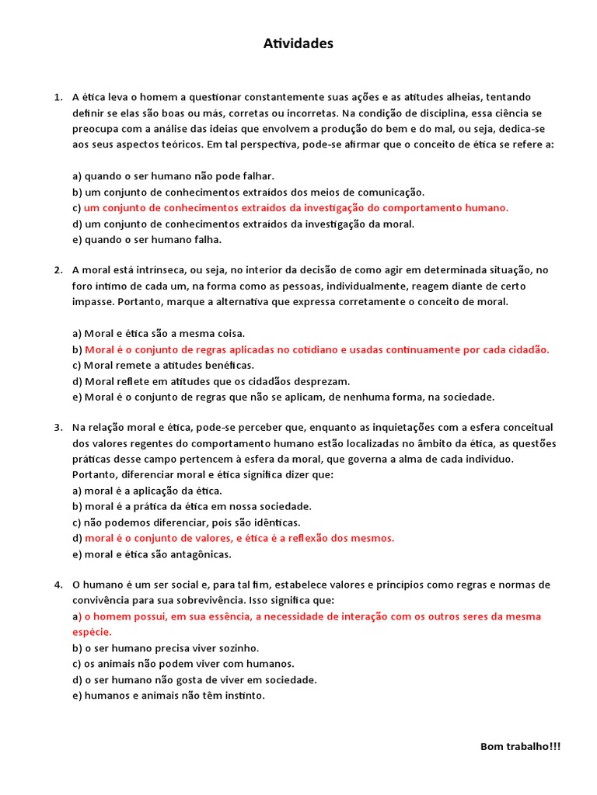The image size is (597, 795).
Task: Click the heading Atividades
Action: [298, 44]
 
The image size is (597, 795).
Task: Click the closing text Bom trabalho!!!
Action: [519, 746]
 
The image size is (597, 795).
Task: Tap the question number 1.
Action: [58, 97]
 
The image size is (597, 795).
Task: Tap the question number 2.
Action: [58, 270]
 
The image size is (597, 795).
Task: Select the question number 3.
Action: [58, 427]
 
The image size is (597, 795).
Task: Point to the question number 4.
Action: [58, 584]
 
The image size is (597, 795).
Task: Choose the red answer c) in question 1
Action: [295, 208]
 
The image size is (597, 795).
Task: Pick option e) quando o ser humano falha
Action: [147, 240]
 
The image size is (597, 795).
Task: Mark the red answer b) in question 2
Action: [316, 349]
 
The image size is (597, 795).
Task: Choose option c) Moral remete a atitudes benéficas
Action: [163, 365]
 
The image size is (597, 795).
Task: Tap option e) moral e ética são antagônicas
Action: [152, 554]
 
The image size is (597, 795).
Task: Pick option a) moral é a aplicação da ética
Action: [147, 491]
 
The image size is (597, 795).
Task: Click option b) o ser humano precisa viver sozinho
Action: [166, 648]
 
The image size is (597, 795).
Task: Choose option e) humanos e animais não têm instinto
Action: [169, 696]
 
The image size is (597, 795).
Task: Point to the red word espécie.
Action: [92, 632]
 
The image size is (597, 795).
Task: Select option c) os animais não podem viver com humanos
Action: [183, 664]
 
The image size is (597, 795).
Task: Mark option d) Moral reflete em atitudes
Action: [211, 381]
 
